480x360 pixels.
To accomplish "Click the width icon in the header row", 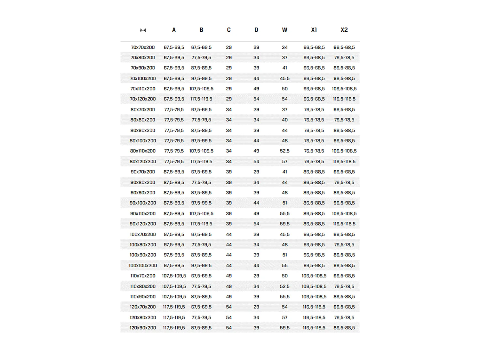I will [143, 30].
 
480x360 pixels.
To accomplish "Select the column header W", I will [284, 30].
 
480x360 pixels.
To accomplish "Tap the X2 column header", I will [344, 30].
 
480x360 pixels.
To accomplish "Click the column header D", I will [256, 30].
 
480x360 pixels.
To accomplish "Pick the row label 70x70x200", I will [143, 47].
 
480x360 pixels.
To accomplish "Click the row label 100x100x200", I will [143, 266].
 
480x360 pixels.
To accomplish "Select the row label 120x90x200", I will [143, 328].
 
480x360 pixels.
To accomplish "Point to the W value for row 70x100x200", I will [284, 78].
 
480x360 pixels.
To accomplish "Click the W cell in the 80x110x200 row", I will [284, 151].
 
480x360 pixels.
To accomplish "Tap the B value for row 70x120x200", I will [201, 99].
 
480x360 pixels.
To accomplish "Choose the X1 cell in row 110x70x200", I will [314, 276].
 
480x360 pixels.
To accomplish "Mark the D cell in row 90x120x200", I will [256, 224].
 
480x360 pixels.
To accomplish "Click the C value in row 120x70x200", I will [229, 307].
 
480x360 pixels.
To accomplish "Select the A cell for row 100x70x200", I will [174, 235].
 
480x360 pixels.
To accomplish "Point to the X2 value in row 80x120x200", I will [344, 162].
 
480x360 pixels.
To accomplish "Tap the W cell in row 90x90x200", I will [284, 193].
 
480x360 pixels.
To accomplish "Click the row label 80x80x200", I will [143, 120].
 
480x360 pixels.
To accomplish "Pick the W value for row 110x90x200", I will [284, 297].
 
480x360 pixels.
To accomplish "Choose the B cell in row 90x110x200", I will [201, 213].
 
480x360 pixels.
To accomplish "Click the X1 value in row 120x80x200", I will [314, 317].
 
